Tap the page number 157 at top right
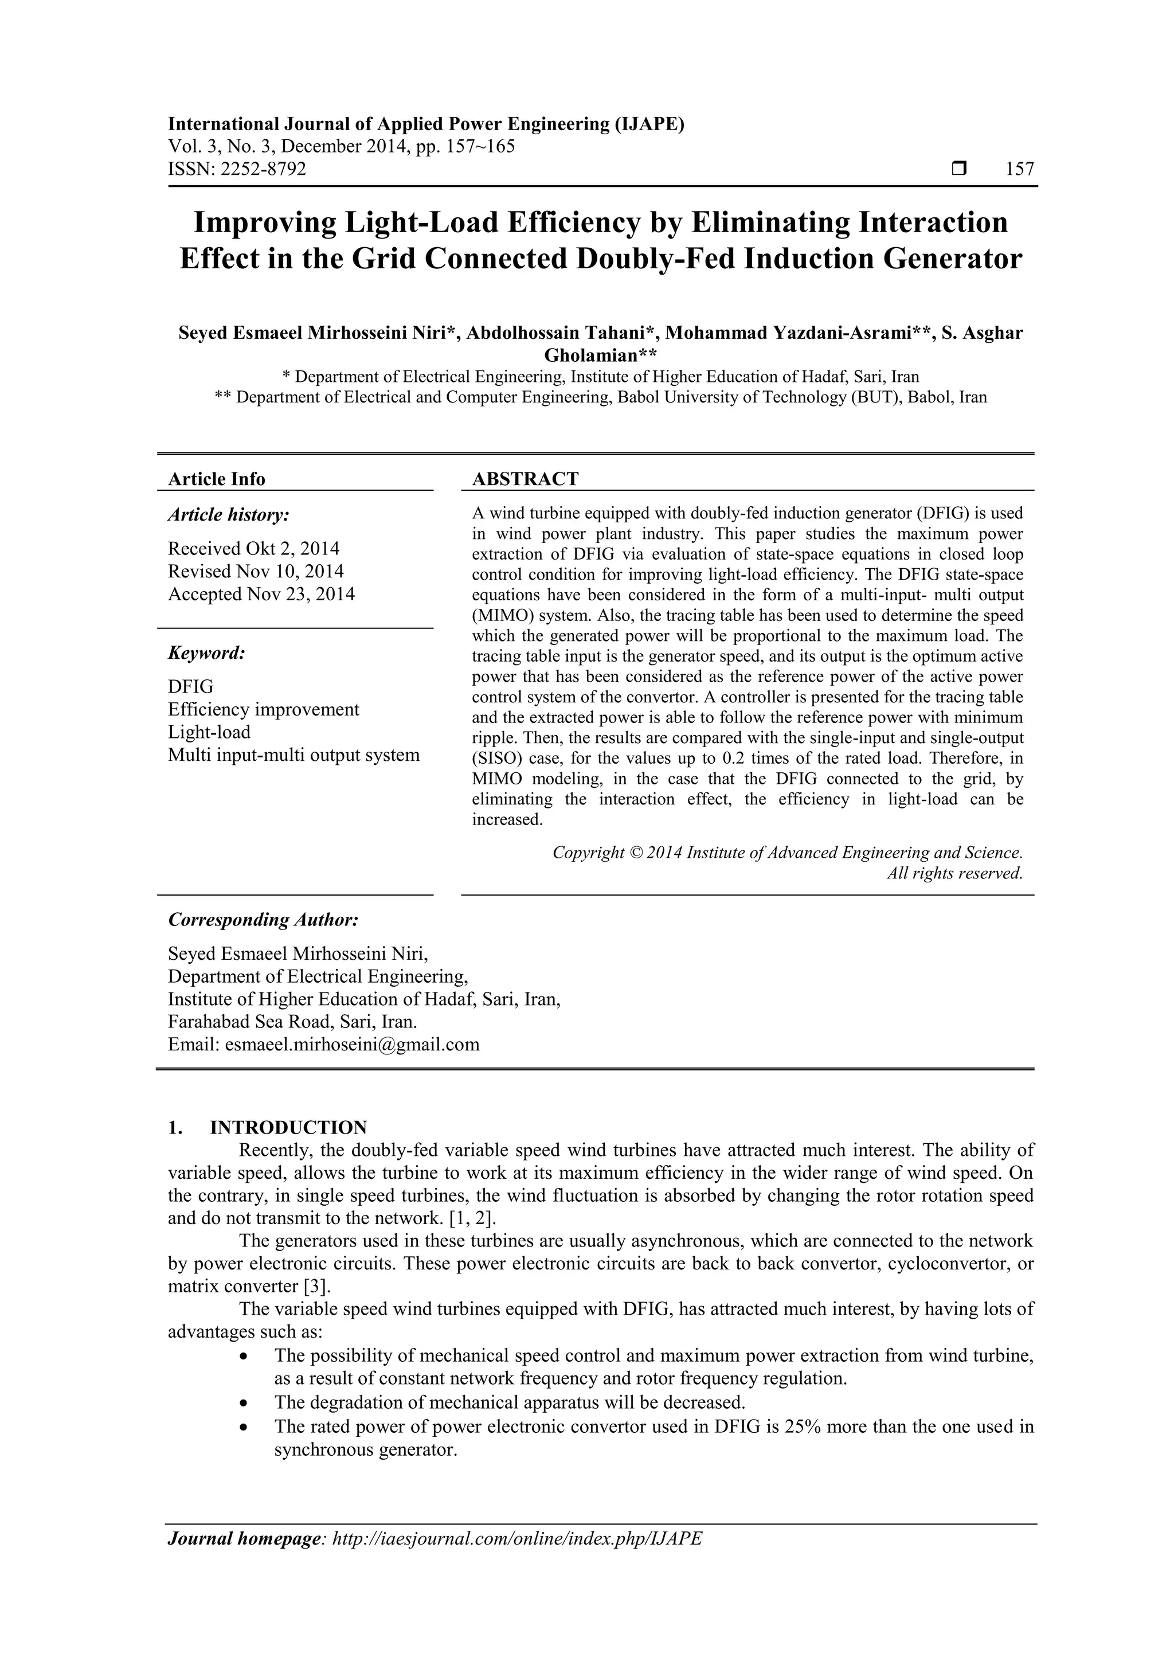pyautogui.click(x=1020, y=169)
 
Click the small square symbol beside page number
pyautogui.click(x=959, y=169)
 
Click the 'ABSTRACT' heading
pyautogui.click(x=525, y=479)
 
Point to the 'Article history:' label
pyautogui.click(x=229, y=515)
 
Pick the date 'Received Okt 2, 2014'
pyautogui.click(x=254, y=548)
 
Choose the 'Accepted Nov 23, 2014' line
pyautogui.click(x=261, y=595)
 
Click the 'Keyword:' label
pyautogui.click(x=207, y=653)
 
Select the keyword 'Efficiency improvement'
pyautogui.click(x=263, y=710)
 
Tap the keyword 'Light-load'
pyautogui.click(x=209, y=732)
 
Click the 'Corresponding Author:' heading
pyautogui.click(x=263, y=920)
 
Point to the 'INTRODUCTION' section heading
pyautogui.click(x=288, y=1128)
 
